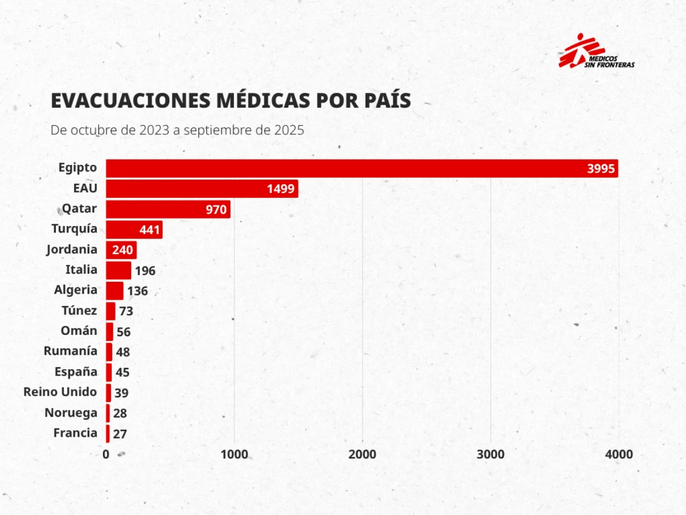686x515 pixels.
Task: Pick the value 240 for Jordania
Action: [x=122, y=250]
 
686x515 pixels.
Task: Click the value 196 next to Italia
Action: [x=145, y=271]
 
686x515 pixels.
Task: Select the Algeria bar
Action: [x=115, y=291]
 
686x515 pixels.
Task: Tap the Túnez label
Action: [x=79, y=311]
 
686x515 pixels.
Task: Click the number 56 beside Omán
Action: [x=123, y=332]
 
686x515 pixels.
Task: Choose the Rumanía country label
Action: [x=71, y=351]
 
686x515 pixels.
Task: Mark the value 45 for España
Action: [x=122, y=373]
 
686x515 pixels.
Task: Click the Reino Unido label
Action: [x=60, y=392]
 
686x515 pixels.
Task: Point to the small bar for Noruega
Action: [x=108, y=413]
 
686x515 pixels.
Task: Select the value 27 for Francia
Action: [x=120, y=434]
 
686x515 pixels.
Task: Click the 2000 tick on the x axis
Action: [x=362, y=454]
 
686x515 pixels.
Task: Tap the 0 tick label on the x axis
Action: [x=106, y=454]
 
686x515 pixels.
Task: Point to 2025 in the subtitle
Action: [x=289, y=130]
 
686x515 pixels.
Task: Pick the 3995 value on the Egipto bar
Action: [x=601, y=169]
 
